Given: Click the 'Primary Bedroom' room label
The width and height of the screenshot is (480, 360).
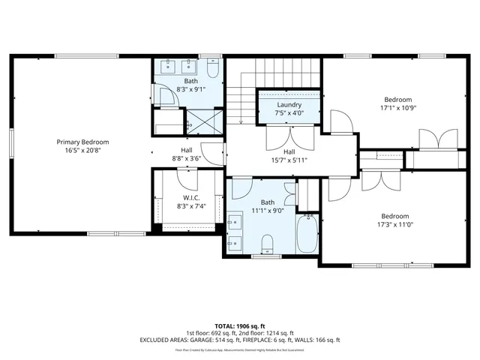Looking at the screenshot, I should (x=82, y=142).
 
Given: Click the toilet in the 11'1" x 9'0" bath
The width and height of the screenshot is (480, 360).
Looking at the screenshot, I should (x=267, y=243).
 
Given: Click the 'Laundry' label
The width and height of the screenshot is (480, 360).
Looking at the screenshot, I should (x=289, y=105).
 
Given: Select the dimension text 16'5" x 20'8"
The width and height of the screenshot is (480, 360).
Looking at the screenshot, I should (x=82, y=151).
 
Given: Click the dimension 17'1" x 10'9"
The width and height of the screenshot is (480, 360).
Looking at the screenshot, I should (x=398, y=108).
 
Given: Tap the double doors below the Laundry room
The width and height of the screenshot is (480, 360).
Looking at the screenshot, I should (x=289, y=135).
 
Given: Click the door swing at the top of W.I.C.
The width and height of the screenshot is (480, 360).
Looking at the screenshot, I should (x=187, y=178).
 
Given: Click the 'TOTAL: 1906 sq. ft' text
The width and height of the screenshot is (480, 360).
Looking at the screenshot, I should (x=240, y=325).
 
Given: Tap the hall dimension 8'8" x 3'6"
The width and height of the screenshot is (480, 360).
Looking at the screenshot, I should (x=187, y=158).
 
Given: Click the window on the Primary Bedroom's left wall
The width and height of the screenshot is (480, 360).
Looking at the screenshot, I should (x=11, y=144).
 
